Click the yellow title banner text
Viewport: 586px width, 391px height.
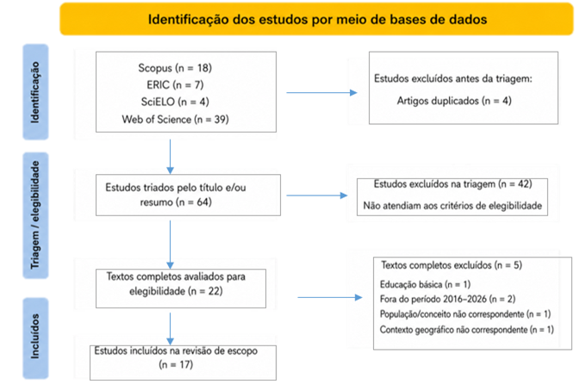click(x=317, y=20)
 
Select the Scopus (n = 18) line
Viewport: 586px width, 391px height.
click(x=175, y=68)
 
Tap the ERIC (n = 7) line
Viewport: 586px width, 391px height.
click(x=175, y=84)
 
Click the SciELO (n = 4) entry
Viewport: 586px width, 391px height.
click(x=175, y=102)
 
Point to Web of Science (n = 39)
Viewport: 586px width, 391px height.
click(x=175, y=120)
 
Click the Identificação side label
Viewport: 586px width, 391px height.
click(x=35, y=92)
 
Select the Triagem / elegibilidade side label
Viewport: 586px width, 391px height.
click(x=35, y=214)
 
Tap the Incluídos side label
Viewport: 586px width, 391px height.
click(x=35, y=336)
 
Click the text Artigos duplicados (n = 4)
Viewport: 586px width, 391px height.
click(x=454, y=101)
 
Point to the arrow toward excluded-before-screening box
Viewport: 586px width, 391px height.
click(x=321, y=93)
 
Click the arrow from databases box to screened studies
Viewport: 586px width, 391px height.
click(x=170, y=157)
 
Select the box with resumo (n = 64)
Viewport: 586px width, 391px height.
click(x=188, y=195)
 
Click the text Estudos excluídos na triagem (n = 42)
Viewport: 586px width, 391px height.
click(x=452, y=184)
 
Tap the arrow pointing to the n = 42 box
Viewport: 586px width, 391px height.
click(x=317, y=195)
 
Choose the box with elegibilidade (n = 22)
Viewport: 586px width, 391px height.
click(x=181, y=289)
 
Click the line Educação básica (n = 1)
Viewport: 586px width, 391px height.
click(x=425, y=284)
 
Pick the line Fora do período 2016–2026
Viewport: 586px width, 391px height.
click(x=447, y=299)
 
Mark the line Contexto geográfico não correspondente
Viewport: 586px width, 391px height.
click(x=466, y=330)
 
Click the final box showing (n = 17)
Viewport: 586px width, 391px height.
click(x=183, y=363)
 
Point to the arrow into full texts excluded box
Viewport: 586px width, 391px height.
click(x=330, y=297)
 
